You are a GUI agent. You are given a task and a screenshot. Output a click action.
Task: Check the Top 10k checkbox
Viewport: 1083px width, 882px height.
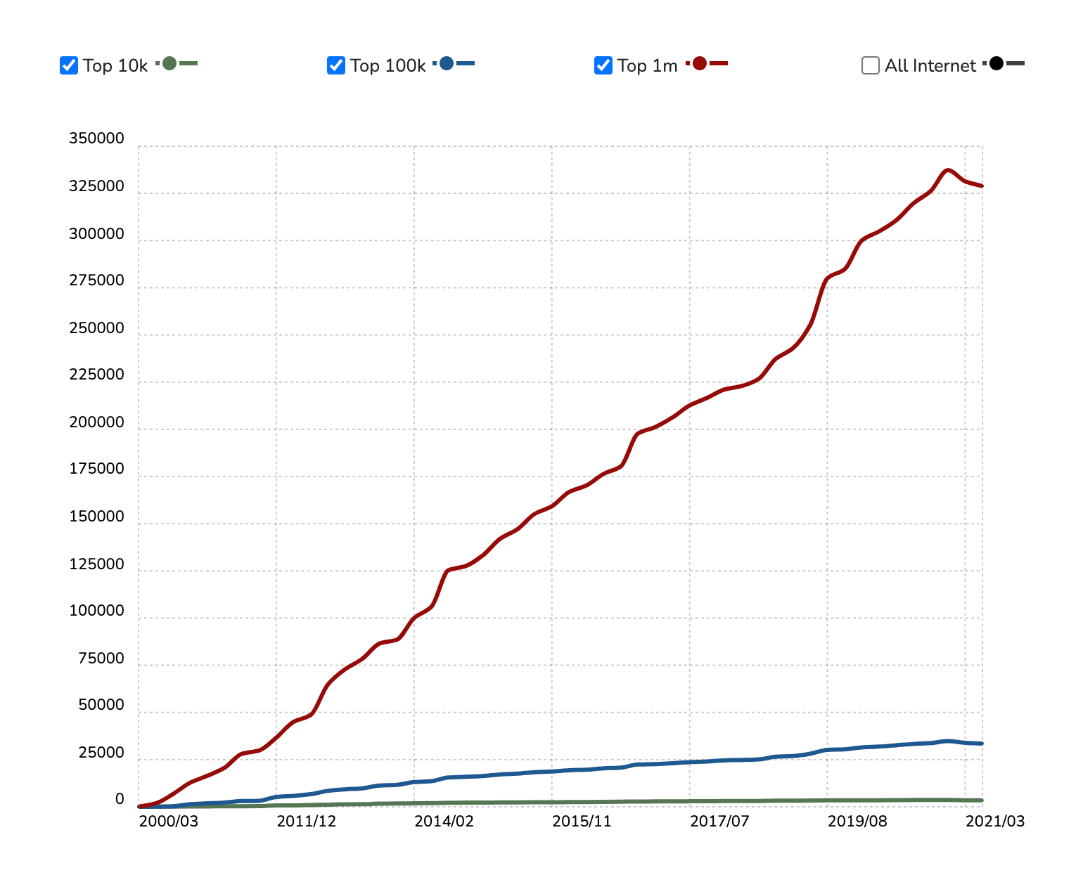69,65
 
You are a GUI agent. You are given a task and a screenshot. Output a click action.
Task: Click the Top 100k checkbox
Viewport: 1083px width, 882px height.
336,65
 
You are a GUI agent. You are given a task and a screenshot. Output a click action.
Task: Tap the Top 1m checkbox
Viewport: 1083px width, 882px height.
603,65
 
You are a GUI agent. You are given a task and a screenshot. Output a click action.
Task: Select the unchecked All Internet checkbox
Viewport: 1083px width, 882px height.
871,65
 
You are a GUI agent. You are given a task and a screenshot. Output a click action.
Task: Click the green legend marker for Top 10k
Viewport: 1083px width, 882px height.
169,63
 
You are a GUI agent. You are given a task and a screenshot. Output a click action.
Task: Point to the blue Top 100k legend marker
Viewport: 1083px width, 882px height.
447,63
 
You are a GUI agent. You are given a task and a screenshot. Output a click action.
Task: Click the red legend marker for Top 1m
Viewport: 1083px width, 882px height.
700,63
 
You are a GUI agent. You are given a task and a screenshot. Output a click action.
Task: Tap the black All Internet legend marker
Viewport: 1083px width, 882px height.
997,63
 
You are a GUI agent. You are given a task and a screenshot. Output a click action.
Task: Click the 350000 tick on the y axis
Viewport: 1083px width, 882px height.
96,138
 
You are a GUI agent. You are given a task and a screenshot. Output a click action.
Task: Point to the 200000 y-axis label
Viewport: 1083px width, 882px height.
96,422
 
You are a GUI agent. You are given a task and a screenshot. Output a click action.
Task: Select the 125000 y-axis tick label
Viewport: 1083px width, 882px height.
96,564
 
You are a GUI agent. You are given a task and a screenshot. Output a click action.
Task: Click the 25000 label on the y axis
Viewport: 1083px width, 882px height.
101,753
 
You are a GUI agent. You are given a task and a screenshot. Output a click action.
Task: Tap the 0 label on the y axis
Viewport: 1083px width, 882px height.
120,799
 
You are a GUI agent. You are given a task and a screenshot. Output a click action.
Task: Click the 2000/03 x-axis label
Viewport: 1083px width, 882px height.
169,821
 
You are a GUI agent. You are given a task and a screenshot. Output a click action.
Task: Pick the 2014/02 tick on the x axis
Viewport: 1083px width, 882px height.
444,821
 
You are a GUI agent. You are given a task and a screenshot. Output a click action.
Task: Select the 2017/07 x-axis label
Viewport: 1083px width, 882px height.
719,821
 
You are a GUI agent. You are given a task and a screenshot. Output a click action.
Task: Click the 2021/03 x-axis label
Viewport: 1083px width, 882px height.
994,821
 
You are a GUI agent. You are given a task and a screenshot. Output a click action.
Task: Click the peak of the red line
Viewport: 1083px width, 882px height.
948,170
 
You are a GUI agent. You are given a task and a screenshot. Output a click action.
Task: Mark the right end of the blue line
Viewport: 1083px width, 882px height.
982,744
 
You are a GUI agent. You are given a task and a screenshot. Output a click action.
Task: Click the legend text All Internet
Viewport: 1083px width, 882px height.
930,66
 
